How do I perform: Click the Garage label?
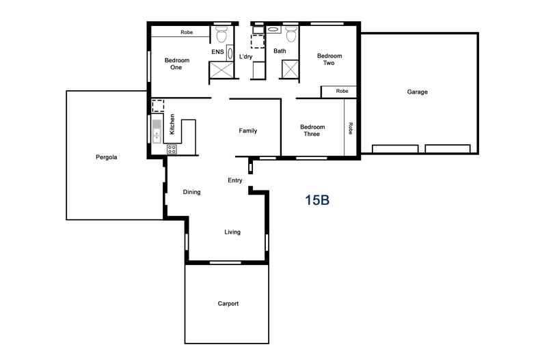click(x=417, y=92)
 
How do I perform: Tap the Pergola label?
click(x=107, y=157)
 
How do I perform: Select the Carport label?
click(x=228, y=304)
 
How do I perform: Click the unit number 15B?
click(x=317, y=200)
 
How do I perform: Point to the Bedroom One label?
click(x=177, y=64)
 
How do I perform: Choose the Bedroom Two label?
click(x=329, y=59)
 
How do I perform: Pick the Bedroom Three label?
click(x=312, y=130)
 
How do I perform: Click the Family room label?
click(x=247, y=130)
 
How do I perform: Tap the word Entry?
click(x=235, y=180)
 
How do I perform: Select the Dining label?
click(x=191, y=192)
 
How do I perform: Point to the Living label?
click(x=232, y=232)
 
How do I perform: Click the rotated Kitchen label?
click(x=172, y=124)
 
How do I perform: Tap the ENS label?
click(x=217, y=51)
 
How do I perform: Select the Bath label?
click(x=280, y=51)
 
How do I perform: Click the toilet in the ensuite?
click(x=221, y=34)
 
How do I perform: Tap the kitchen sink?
click(x=157, y=130)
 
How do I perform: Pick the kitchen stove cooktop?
click(x=171, y=148)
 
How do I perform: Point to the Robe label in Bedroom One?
click(x=186, y=32)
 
